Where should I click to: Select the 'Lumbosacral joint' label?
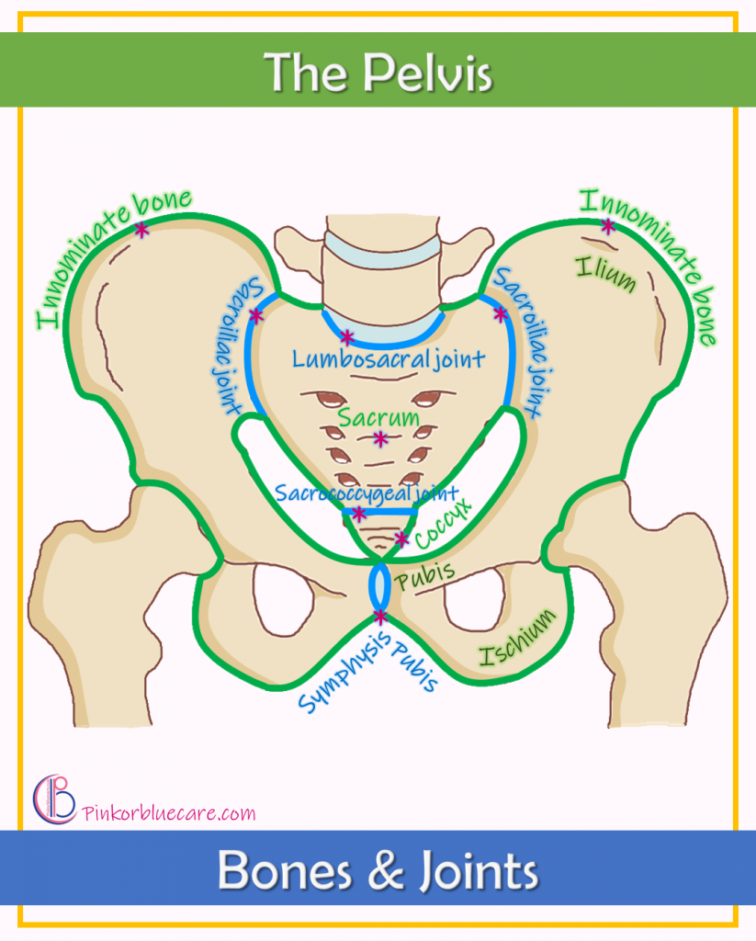389,357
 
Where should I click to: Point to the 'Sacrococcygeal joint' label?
366,493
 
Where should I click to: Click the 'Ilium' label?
605,273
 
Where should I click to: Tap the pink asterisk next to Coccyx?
401,538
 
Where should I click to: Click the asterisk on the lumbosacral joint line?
346,337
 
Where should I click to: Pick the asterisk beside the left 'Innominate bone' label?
141,230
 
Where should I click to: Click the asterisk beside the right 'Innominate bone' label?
607,225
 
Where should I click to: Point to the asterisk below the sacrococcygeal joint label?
359,514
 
